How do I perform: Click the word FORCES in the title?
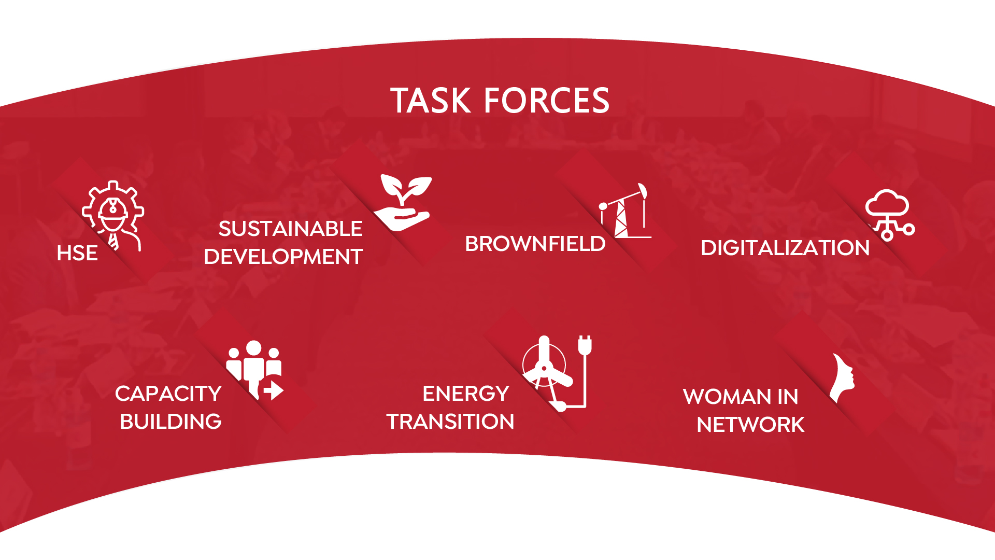547,101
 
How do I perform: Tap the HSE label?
77,253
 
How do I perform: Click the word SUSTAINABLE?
290,229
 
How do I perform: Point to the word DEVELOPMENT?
283,257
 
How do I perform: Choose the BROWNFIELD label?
535,244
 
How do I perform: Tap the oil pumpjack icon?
625,211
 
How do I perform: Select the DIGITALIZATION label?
785,248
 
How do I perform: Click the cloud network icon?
890,215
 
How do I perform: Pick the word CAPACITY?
168,394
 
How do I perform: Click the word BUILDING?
170,422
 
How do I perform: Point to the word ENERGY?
466,394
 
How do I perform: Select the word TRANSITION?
450,422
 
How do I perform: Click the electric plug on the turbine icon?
585,345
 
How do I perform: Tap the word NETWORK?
750,425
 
